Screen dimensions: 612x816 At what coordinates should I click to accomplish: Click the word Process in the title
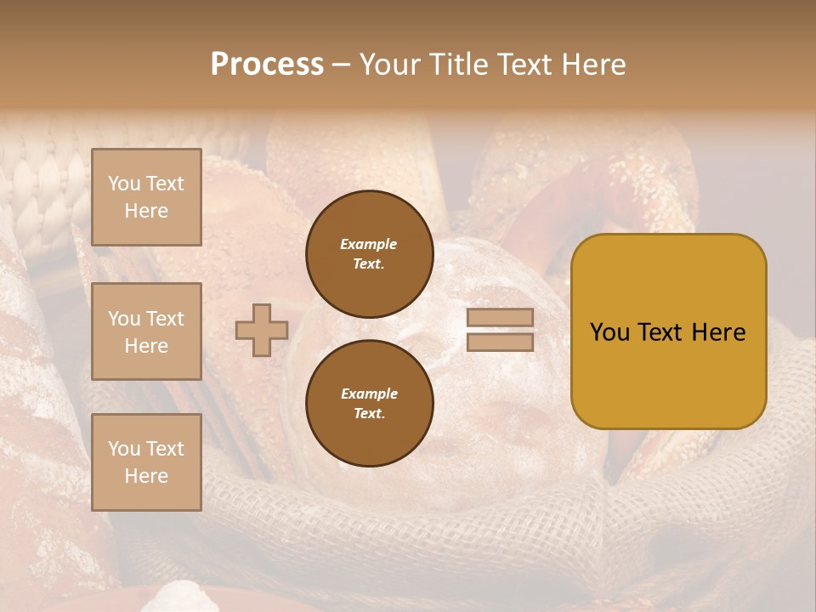click(267, 65)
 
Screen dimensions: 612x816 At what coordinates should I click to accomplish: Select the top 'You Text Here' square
click(146, 197)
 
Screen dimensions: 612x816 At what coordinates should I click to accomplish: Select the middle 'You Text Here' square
click(146, 331)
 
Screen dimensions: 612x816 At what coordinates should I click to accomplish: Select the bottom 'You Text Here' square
click(146, 462)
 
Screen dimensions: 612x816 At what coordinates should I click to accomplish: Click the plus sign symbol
click(262, 331)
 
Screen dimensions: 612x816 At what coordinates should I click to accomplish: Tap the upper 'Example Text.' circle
click(369, 254)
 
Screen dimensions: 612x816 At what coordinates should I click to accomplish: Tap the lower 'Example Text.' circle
click(369, 404)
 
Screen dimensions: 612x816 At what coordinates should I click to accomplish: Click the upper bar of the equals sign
click(501, 318)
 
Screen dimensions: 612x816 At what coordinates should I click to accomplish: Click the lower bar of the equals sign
click(501, 342)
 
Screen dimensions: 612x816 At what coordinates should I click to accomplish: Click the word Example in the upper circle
click(369, 244)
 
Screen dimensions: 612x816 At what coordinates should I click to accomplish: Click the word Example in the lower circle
click(369, 394)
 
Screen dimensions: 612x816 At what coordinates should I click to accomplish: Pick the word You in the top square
click(124, 184)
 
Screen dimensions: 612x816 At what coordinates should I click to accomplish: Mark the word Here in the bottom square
click(146, 476)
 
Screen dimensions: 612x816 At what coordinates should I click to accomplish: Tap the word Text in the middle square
click(165, 319)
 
